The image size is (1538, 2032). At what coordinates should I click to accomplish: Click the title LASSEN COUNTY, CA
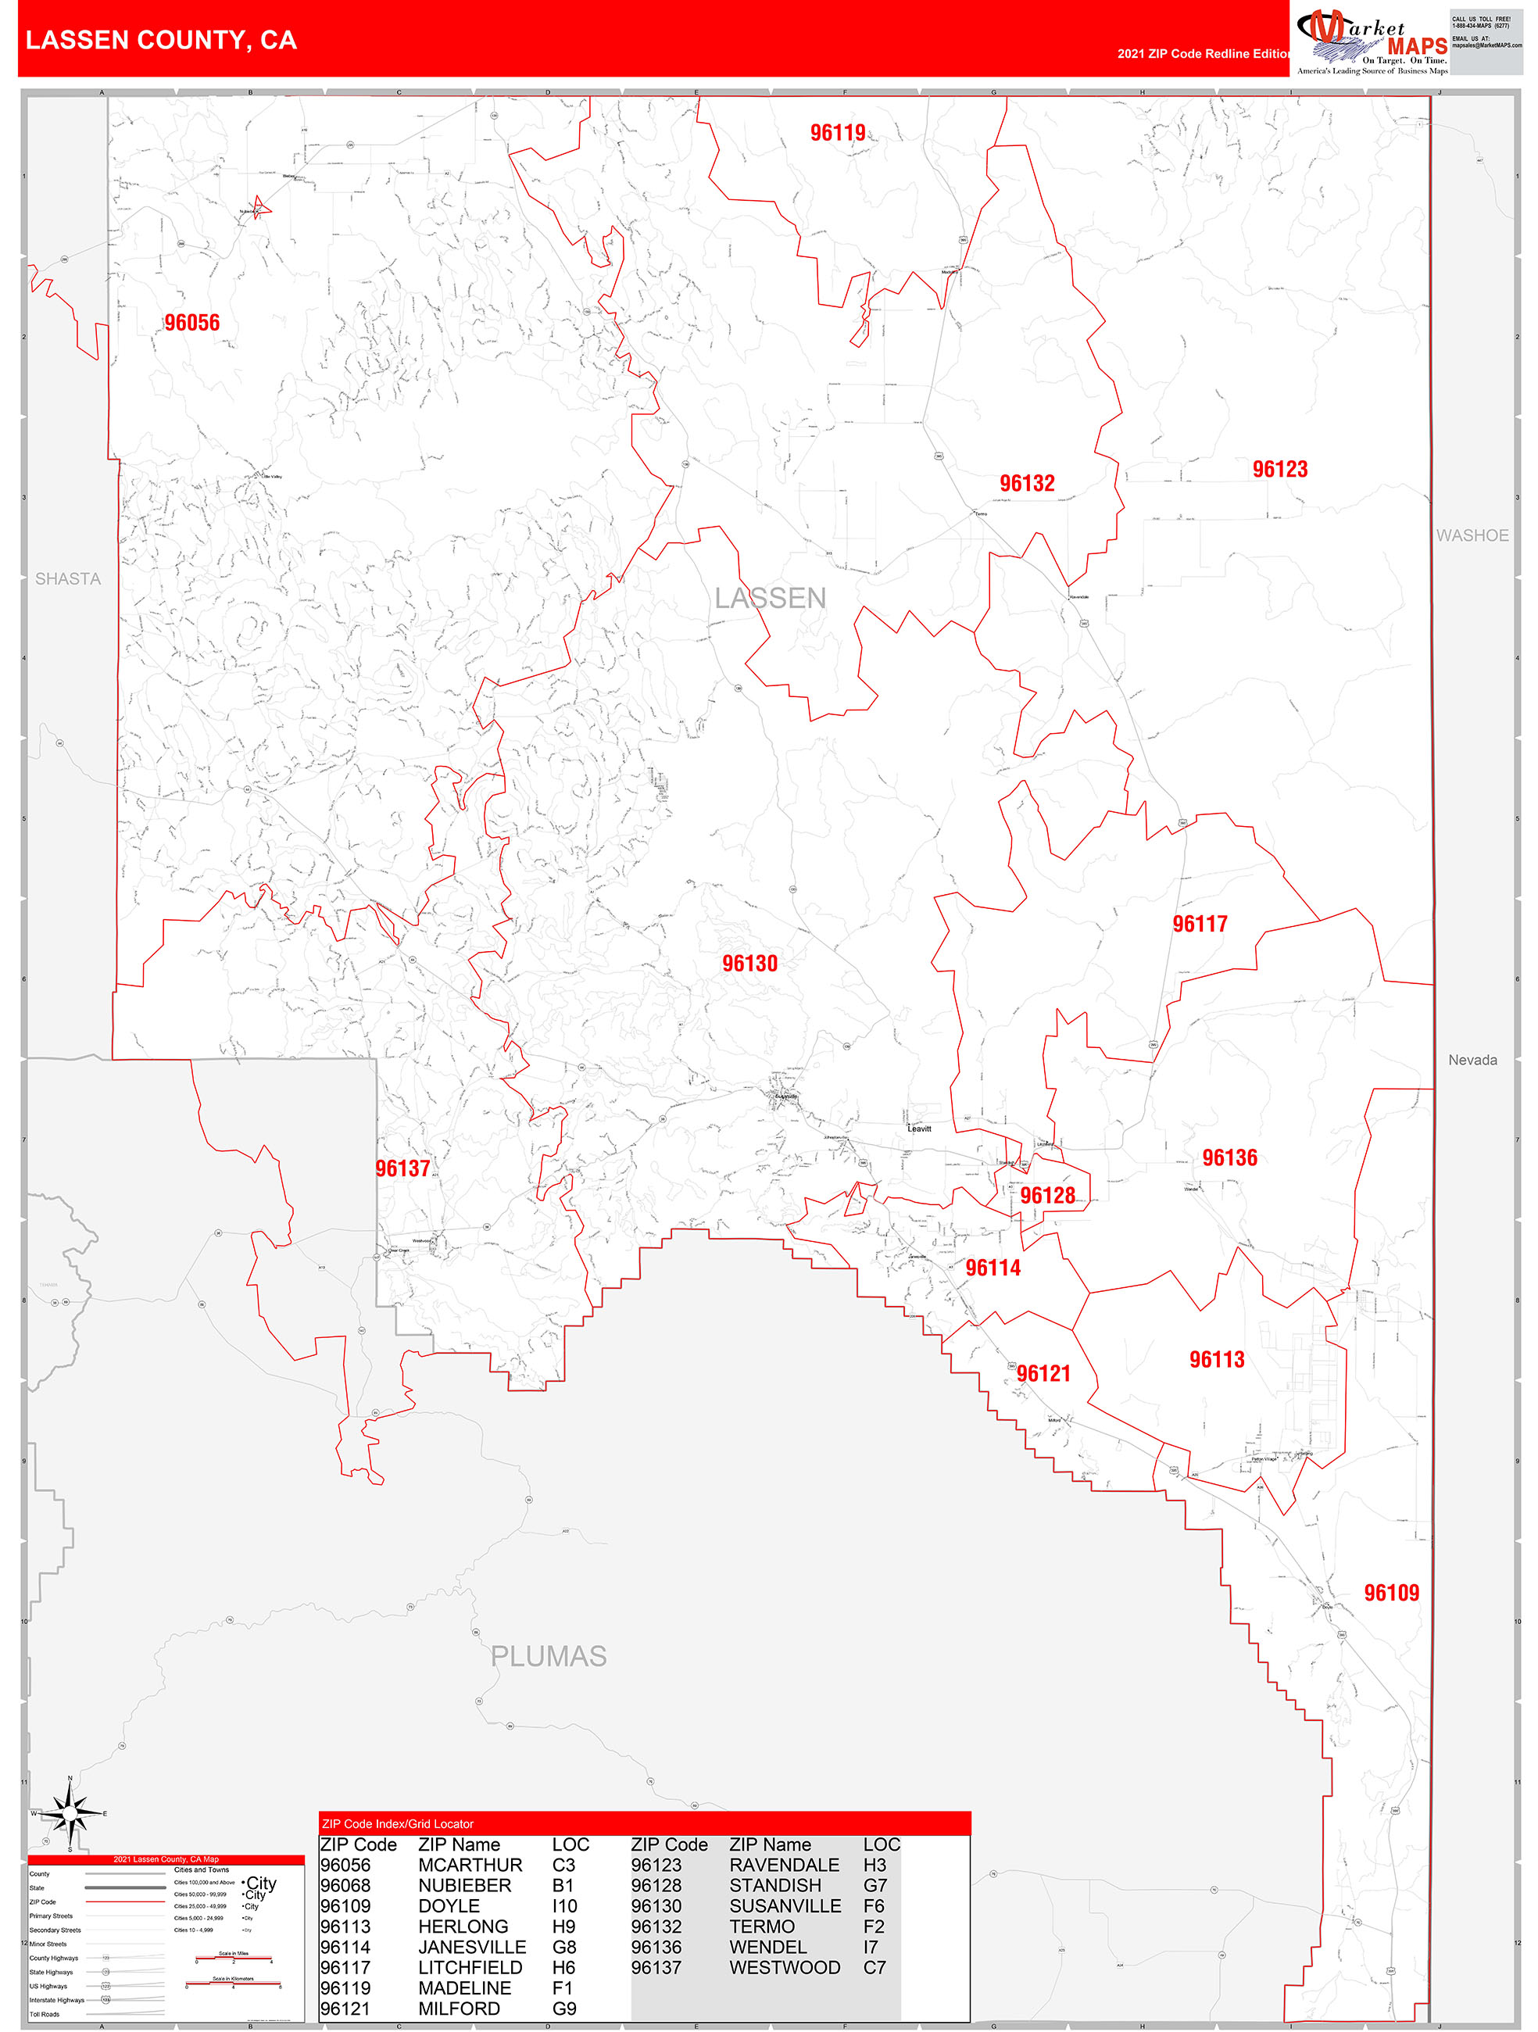161,41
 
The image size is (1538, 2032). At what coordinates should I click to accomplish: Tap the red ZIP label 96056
192,323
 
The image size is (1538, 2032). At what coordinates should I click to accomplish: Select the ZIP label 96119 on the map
837,132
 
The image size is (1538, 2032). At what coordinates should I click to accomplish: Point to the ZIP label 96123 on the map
1279,470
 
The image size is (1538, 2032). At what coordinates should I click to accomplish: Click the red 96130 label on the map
749,963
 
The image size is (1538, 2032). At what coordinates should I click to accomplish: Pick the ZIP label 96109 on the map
1390,1593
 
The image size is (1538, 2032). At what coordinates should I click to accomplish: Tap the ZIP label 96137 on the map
402,1168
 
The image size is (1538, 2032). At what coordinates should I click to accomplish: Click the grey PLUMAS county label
549,1656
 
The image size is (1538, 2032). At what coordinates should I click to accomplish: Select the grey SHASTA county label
68,579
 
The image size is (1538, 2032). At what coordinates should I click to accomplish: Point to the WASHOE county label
1472,535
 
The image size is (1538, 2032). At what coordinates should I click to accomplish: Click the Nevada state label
1472,1060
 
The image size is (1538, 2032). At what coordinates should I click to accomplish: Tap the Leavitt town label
919,1129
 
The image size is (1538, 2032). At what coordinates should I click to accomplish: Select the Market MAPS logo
1372,41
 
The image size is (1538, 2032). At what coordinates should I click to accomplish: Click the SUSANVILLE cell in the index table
785,1906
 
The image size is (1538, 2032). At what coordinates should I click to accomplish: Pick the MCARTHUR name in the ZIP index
470,1865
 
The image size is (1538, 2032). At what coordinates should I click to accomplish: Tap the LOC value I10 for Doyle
564,1906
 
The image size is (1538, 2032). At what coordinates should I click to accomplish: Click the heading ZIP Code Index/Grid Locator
398,1823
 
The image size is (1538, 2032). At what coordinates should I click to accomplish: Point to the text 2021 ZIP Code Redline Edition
1203,54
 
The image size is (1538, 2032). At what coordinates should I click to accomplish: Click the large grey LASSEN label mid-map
770,598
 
